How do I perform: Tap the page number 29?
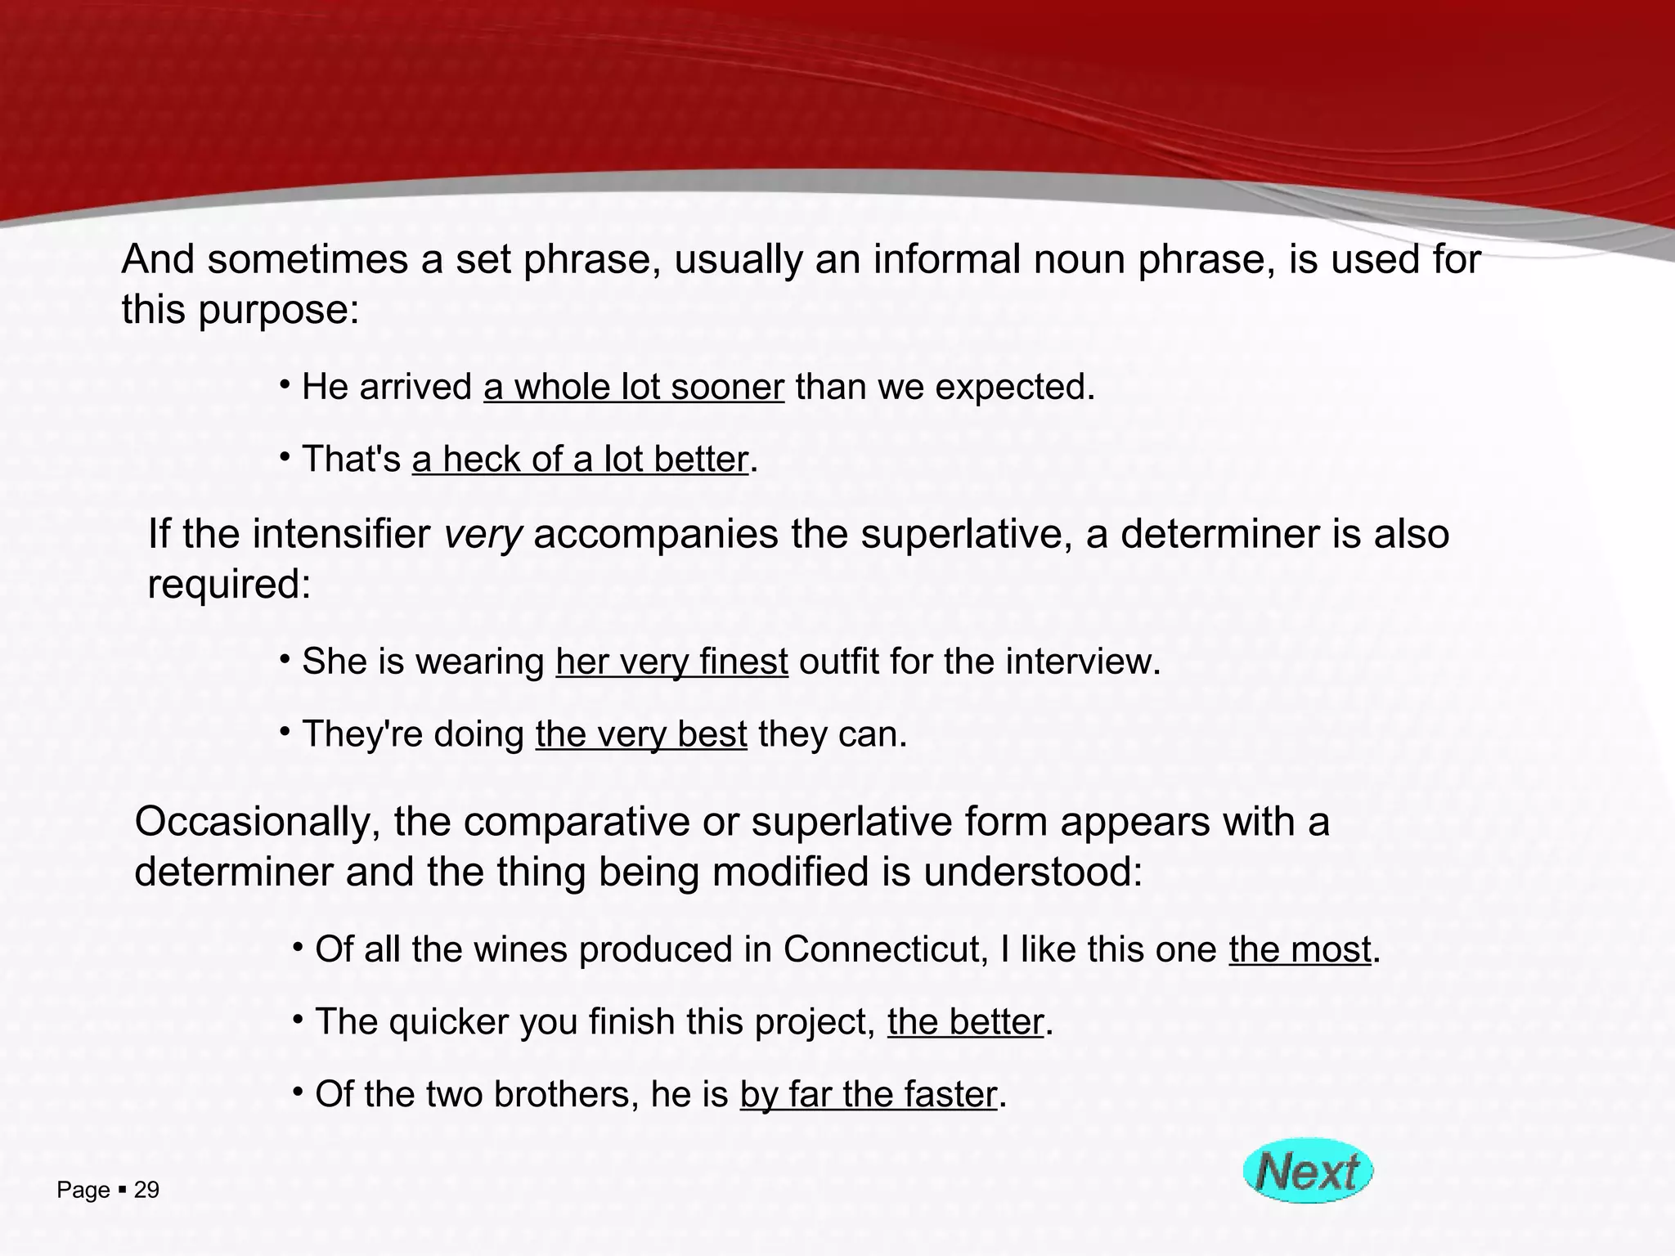(146, 1190)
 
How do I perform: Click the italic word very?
(483, 535)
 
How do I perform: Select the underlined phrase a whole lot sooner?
(634, 387)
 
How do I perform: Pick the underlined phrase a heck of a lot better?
(580, 460)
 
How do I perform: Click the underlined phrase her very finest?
(671, 662)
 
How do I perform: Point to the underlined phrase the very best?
(641, 734)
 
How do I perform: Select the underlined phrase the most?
(1299, 949)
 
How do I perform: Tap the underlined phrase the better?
(965, 1022)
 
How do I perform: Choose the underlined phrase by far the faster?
(868, 1094)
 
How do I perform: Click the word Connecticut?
(882, 949)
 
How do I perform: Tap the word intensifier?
(341, 535)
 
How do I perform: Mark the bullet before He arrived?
(284, 384)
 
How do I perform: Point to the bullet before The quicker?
(298, 1019)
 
